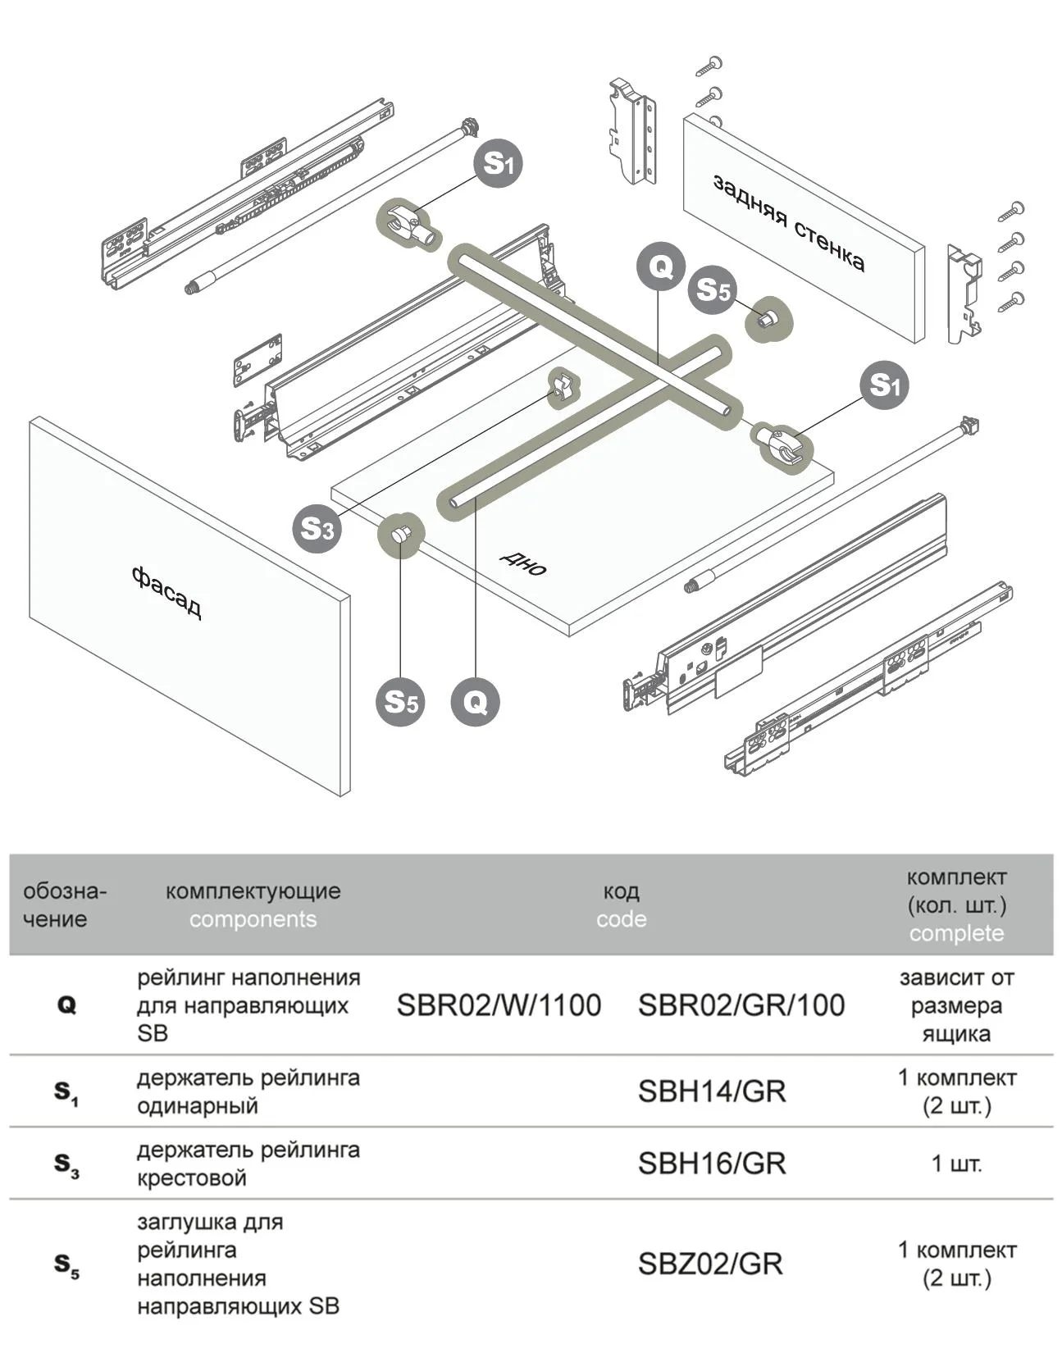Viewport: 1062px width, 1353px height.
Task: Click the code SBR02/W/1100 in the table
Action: click(x=499, y=1005)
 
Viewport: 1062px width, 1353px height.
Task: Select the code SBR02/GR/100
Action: click(x=741, y=1005)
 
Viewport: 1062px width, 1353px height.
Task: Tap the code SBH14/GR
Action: click(x=711, y=1091)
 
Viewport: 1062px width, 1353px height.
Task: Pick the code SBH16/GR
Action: click(x=711, y=1164)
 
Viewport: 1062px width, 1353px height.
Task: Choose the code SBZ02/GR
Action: click(x=710, y=1264)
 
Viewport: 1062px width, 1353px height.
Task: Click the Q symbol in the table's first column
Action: click(x=66, y=1005)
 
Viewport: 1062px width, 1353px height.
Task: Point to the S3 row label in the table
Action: click(x=66, y=1164)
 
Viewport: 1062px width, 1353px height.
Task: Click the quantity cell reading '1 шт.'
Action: click(x=956, y=1164)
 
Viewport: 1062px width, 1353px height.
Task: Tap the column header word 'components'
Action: click(x=253, y=919)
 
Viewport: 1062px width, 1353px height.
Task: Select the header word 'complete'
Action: click(x=956, y=933)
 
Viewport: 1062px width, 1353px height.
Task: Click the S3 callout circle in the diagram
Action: click(x=317, y=529)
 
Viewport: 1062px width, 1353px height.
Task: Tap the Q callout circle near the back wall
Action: click(x=661, y=266)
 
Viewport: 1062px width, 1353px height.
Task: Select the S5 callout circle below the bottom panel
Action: click(x=400, y=702)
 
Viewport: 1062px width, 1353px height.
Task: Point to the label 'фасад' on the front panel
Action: click(x=166, y=591)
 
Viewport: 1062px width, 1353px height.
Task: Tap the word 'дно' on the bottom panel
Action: click(x=523, y=563)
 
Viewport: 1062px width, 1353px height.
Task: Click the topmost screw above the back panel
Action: click(x=710, y=65)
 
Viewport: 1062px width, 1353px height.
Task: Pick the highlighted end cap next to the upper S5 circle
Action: click(x=768, y=318)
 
